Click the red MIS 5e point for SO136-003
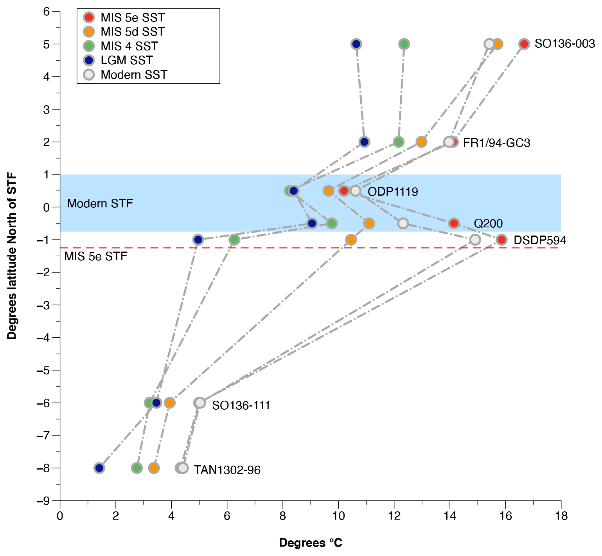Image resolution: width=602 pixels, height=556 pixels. coord(524,44)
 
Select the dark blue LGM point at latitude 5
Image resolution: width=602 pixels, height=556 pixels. coord(356,44)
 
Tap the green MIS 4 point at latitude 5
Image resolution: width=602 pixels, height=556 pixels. coord(404,44)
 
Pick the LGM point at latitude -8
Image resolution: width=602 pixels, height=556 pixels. coord(99,468)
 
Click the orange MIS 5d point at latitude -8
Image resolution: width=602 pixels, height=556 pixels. coord(154,468)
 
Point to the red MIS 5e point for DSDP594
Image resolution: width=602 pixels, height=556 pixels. coord(501,240)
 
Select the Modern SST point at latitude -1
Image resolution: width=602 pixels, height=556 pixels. coord(475,240)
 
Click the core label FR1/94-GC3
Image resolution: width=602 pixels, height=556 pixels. coord(496,143)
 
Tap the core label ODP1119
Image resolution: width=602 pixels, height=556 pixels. coord(393,192)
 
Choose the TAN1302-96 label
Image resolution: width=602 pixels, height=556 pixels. coord(227,470)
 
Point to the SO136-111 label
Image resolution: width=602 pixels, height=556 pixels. coord(241,405)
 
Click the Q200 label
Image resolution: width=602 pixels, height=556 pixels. coord(488,223)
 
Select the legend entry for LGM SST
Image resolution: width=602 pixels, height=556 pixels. coord(126,60)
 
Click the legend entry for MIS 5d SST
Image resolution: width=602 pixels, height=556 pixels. coord(132,32)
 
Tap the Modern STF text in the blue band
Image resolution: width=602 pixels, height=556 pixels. coord(100,203)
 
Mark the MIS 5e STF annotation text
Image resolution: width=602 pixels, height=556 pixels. coord(96,257)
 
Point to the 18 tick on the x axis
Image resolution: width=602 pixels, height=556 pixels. coord(561,516)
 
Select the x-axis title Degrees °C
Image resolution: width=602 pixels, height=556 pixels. coord(311,543)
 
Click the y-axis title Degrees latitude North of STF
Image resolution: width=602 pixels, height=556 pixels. coord(12,256)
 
